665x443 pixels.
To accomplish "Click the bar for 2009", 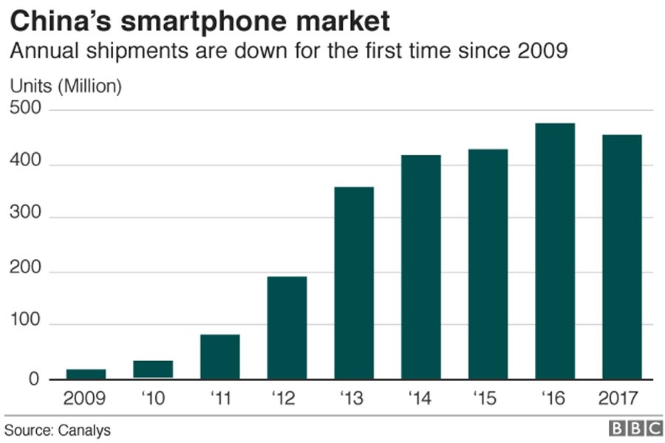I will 86,374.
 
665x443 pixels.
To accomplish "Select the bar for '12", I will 287,327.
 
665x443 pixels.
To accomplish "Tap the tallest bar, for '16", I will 555,251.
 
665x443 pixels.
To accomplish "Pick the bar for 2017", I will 622,257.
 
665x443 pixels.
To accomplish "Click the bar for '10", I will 153,369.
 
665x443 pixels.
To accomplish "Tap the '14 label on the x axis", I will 420,399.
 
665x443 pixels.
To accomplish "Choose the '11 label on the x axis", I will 219,399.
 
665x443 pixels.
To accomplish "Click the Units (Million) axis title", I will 65,86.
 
